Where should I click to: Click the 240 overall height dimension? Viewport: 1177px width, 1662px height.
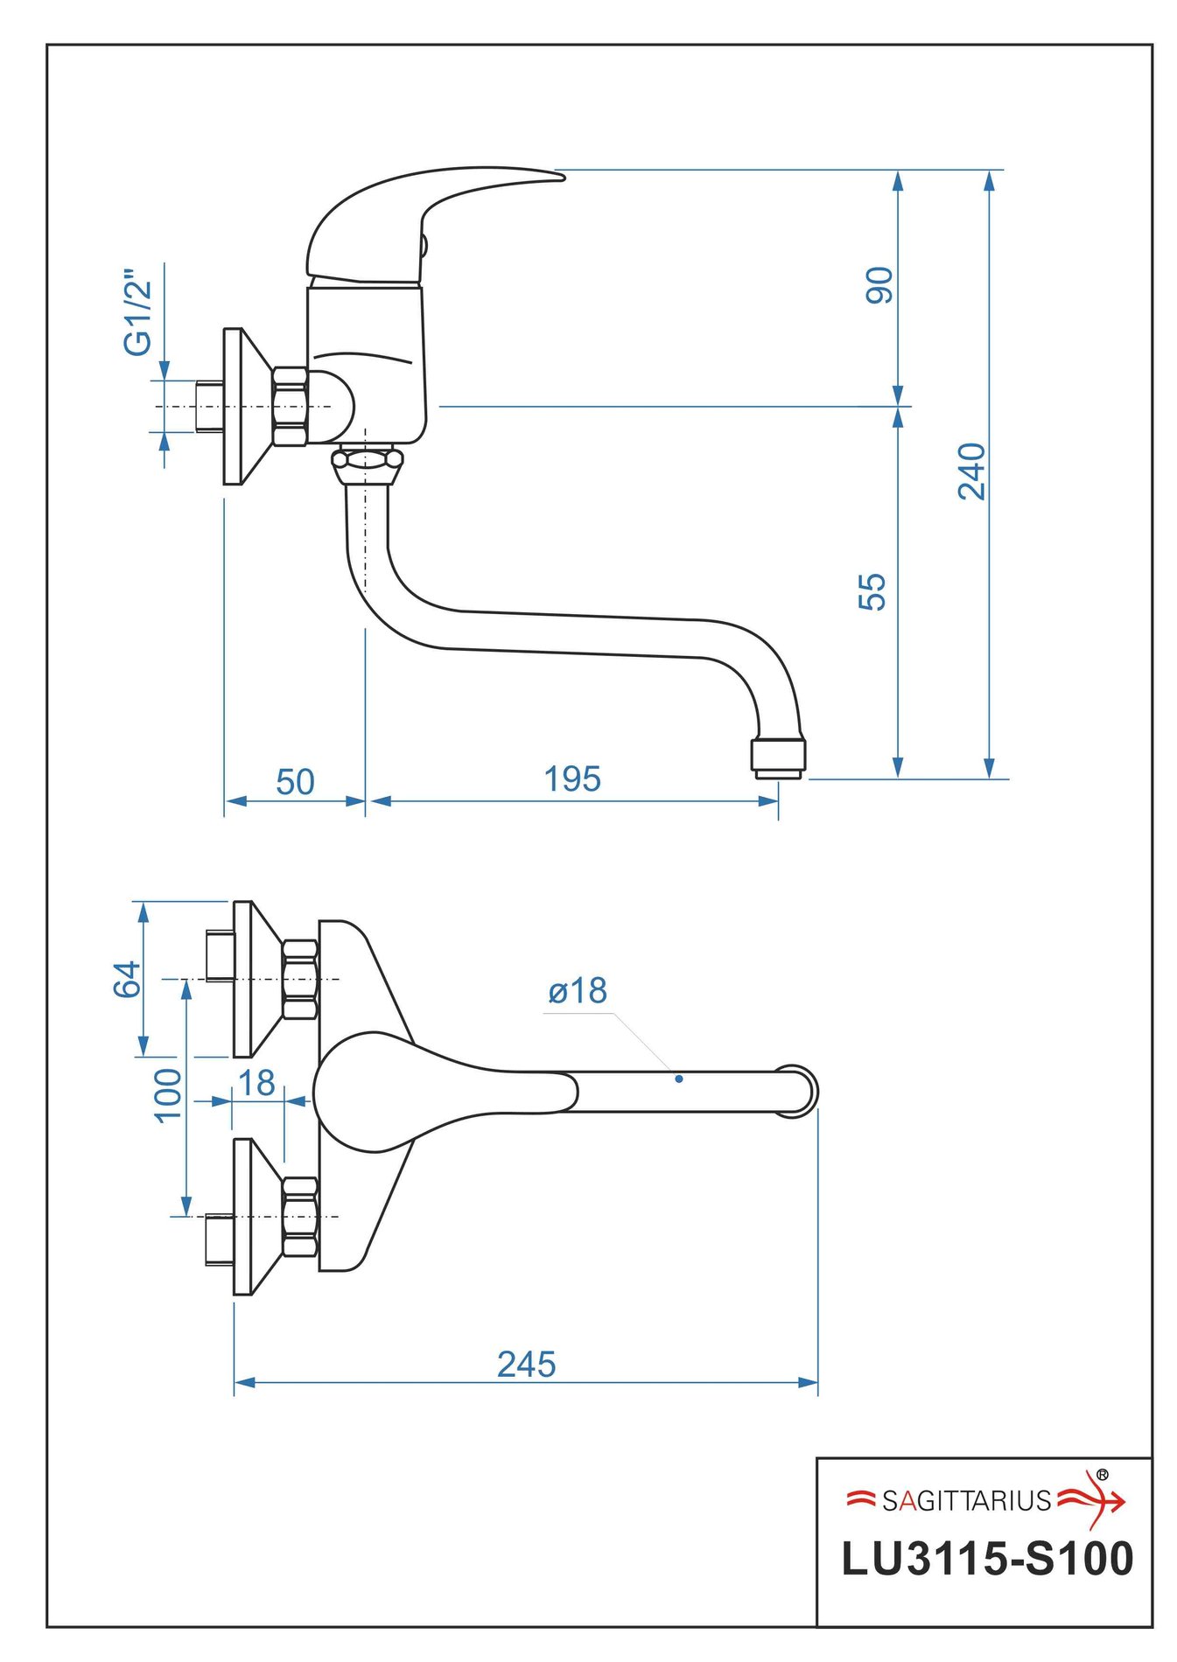point(971,471)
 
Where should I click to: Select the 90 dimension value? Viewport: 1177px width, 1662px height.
point(879,285)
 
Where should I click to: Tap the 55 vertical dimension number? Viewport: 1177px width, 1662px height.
point(872,591)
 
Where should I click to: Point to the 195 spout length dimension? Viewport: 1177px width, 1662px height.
point(572,779)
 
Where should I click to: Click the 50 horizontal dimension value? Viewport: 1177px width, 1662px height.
point(295,781)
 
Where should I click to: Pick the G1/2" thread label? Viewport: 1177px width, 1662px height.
point(138,312)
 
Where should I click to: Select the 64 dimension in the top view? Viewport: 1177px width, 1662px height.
point(128,979)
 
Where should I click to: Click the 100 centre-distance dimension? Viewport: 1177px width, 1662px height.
point(168,1094)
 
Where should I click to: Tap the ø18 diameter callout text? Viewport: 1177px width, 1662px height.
point(578,991)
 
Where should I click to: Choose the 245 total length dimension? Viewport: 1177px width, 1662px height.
point(526,1364)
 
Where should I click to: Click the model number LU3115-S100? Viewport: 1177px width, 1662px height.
point(987,1559)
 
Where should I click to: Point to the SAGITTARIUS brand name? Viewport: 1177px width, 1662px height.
point(966,1500)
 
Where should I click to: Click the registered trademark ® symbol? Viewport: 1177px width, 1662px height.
point(1102,1475)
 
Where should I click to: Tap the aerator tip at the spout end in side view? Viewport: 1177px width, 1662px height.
point(778,757)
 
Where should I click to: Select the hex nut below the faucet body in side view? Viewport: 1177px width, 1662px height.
point(367,459)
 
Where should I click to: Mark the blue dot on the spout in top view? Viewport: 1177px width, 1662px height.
point(679,1079)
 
